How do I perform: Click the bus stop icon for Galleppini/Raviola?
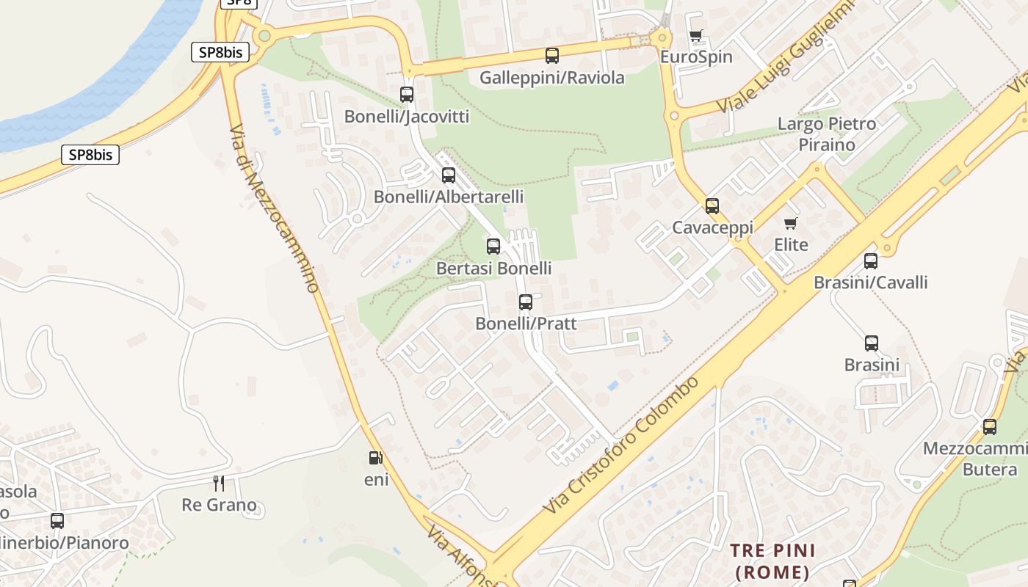tap(552, 55)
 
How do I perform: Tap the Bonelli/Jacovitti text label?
tap(406, 117)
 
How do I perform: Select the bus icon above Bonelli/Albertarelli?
tap(449, 175)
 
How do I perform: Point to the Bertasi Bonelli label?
tap(493, 269)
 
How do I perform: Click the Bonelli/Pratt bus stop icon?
tap(526, 302)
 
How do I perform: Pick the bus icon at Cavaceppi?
tap(712, 206)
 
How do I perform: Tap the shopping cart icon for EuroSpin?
tap(696, 35)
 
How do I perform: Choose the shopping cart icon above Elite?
tap(791, 223)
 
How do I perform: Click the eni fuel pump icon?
tap(376, 458)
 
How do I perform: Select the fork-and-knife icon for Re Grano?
tap(219, 483)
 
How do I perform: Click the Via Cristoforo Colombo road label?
tap(622, 446)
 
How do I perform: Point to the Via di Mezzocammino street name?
tap(275, 208)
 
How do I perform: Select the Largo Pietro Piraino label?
tap(827, 134)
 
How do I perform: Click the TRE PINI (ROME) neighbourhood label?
tap(772, 561)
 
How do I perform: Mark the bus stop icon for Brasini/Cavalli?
tap(871, 260)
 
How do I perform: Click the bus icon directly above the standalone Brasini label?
tap(872, 343)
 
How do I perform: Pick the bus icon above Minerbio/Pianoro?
tap(57, 521)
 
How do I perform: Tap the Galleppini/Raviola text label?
tap(552, 78)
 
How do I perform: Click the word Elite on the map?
tap(791, 245)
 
